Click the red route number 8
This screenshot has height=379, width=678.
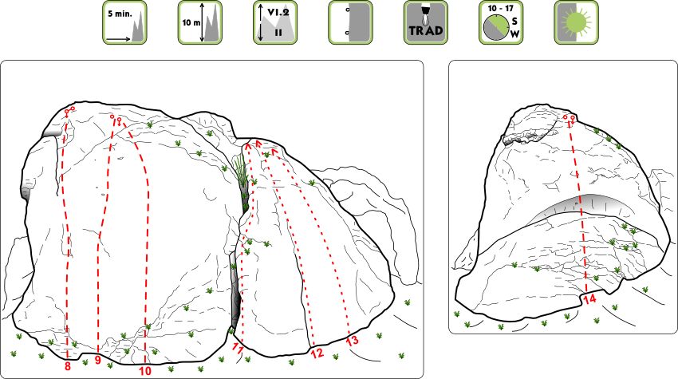(x=68, y=366)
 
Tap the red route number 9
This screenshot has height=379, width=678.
(x=98, y=360)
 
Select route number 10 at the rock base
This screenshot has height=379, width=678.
(x=145, y=371)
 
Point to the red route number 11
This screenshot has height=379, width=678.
(x=238, y=348)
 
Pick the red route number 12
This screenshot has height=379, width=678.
(x=317, y=353)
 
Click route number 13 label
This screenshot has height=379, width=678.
(x=353, y=341)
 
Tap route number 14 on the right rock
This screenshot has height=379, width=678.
(x=589, y=298)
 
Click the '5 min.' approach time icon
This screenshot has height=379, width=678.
(x=124, y=22)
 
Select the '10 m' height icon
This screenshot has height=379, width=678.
(x=199, y=22)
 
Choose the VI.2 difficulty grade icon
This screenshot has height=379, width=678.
(x=275, y=22)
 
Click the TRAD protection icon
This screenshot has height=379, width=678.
(x=425, y=22)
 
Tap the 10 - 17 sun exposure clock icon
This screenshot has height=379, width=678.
(x=501, y=22)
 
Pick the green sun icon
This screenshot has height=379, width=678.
(x=576, y=22)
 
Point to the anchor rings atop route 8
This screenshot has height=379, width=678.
(x=69, y=111)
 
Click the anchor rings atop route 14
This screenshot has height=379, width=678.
(x=570, y=118)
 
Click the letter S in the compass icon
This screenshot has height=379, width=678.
(x=514, y=22)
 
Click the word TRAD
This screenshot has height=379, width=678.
(x=426, y=30)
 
